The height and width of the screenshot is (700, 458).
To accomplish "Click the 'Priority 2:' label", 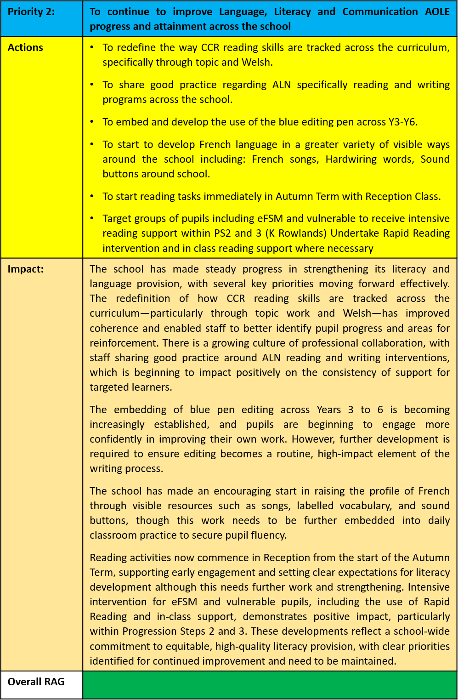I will [31, 11].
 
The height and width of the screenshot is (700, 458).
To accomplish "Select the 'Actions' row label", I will [25, 47].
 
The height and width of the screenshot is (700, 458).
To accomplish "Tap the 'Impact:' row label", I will [26, 269].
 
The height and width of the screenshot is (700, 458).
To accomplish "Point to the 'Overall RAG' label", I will [36, 682].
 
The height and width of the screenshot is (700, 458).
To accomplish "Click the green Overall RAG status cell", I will [270, 685].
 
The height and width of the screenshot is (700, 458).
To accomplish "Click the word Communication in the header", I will [378, 11].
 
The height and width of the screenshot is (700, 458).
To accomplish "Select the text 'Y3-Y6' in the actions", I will [402, 122].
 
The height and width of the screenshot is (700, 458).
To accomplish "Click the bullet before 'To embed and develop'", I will [92, 121].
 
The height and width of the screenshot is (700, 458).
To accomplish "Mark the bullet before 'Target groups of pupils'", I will [92, 218].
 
